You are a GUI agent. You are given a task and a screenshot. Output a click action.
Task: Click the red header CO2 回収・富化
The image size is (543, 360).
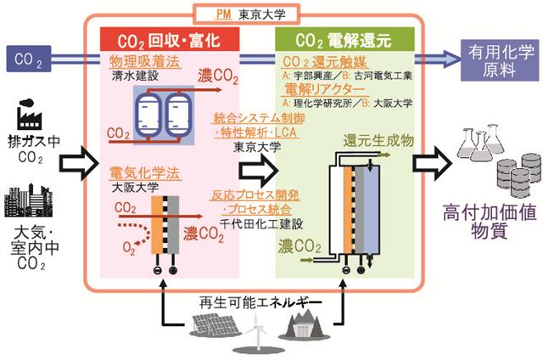[171, 40]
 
